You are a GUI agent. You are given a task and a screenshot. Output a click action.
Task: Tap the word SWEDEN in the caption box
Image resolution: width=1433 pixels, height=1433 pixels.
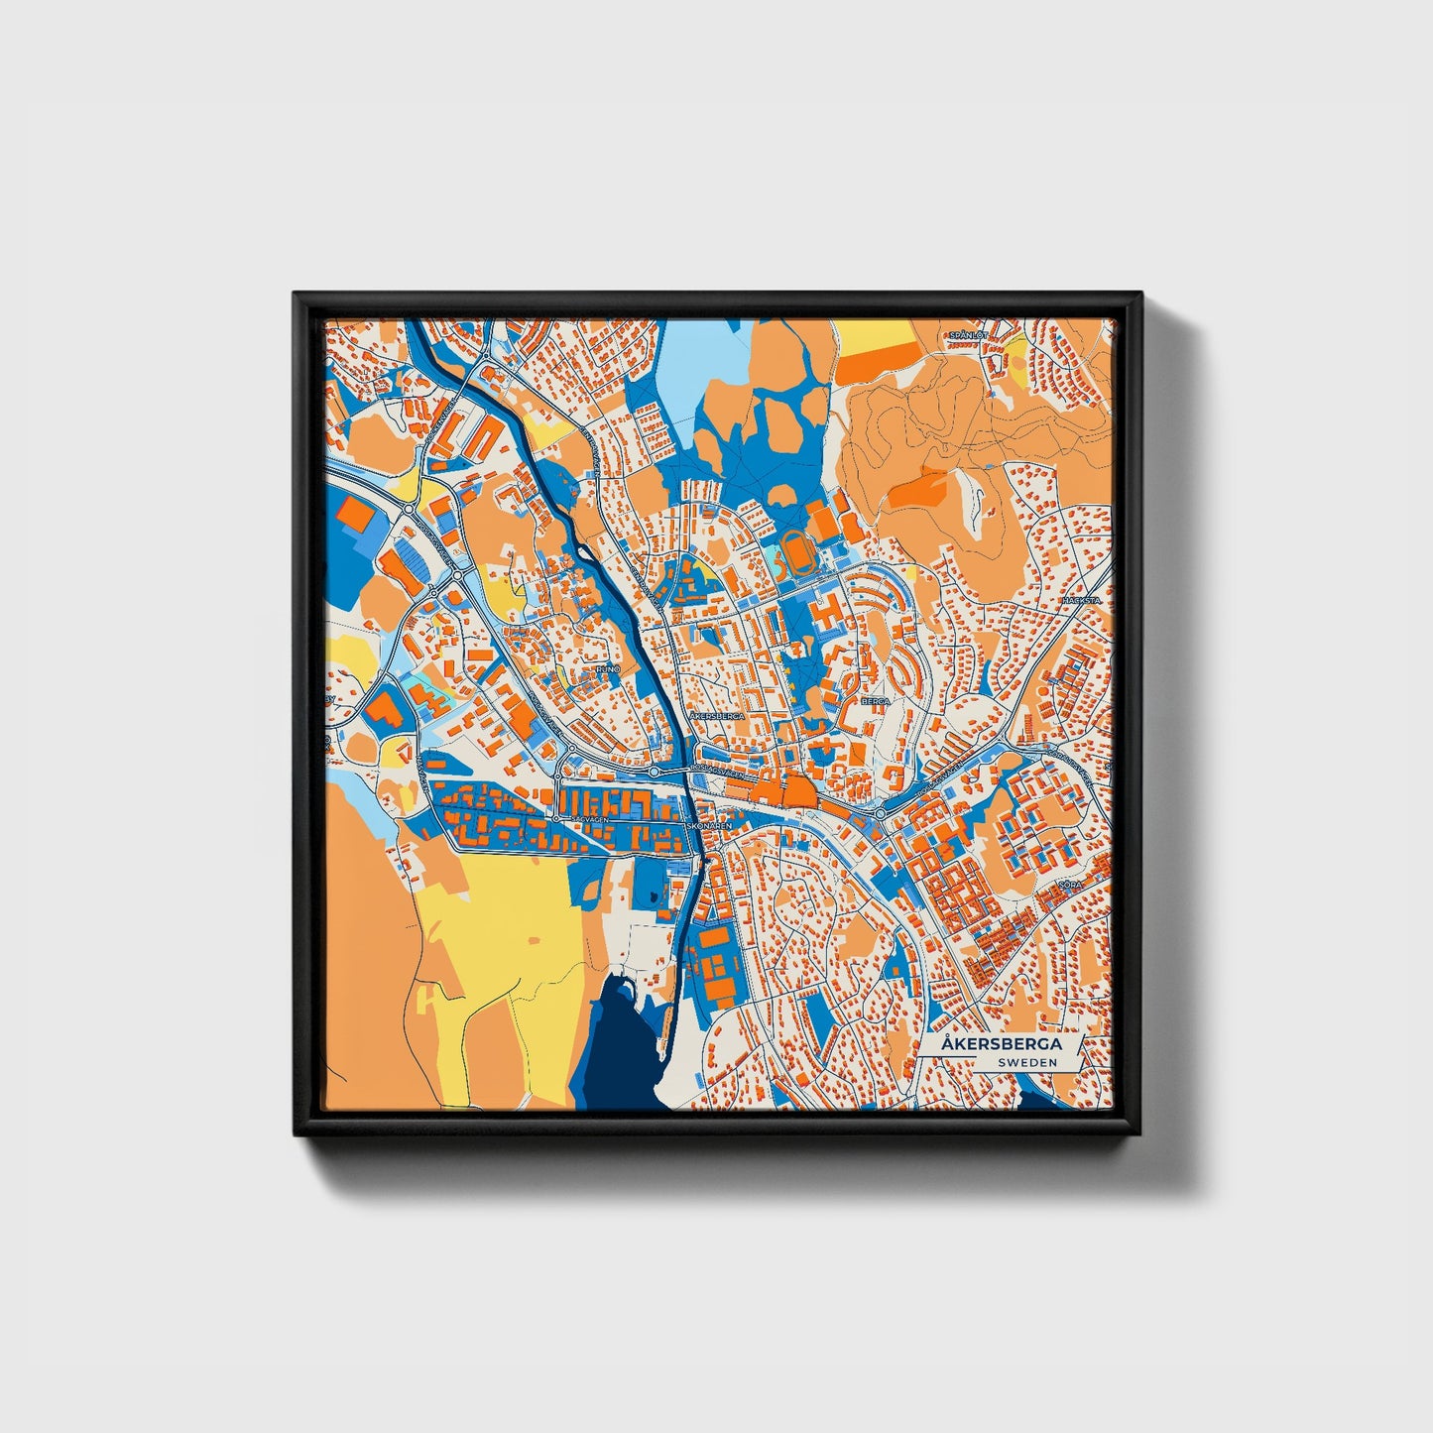[1026, 1062]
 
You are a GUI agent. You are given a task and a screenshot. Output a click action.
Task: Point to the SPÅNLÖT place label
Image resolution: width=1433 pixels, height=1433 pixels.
[968, 335]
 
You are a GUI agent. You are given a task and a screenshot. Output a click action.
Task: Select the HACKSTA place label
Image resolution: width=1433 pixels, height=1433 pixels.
[1080, 601]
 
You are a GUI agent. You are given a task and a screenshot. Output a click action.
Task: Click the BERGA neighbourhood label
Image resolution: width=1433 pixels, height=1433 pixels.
[876, 700]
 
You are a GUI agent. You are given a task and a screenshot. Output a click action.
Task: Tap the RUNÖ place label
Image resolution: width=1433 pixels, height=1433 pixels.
[607, 669]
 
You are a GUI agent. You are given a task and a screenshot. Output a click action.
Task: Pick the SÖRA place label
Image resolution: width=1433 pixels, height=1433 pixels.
[1068, 882]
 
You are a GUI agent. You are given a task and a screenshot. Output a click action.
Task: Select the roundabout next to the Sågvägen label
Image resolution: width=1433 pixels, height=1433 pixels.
[557, 818]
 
